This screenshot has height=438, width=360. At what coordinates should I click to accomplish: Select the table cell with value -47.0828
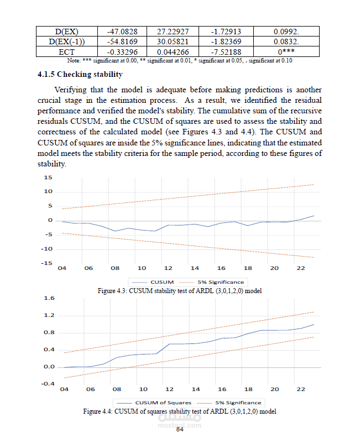coord(122,32)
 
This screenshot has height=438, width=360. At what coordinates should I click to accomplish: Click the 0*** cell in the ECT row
coord(286,51)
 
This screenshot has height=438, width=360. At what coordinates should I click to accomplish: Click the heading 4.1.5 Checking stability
coord(80,74)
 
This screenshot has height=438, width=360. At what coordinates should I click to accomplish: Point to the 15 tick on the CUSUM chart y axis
coord(48,178)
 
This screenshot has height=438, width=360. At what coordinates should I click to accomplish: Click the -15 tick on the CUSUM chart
coord(46,263)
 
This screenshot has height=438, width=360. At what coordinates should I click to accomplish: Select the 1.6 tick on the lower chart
coord(49,298)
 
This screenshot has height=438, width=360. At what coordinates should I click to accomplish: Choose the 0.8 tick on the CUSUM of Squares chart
coord(49,332)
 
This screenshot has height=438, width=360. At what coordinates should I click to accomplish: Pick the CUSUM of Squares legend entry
coord(163,403)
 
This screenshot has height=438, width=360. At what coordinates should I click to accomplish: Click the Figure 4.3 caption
coord(180,290)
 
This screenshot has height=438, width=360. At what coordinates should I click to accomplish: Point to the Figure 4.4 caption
coord(180,411)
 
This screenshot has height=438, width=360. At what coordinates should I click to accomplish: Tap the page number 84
coord(179,429)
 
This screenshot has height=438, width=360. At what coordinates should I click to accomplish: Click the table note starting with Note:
coord(180,60)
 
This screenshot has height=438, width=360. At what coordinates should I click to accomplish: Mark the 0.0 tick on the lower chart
coord(49,367)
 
